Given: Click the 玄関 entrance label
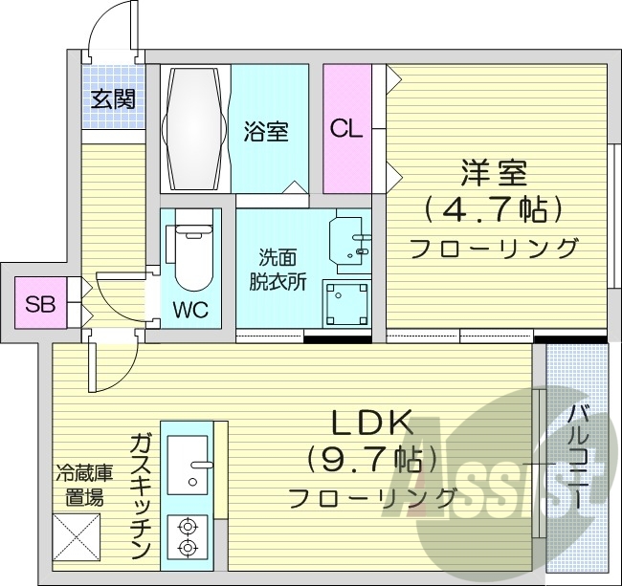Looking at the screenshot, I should pyautogui.click(x=113, y=98).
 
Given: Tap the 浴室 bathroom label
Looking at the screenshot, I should pyautogui.click(x=266, y=131).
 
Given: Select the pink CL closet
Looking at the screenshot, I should pyautogui.click(x=346, y=129).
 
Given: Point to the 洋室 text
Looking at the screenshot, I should pyautogui.click(x=495, y=173).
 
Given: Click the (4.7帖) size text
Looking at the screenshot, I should pyautogui.click(x=494, y=208).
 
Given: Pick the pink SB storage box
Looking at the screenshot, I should pyautogui.click(x=40, y=305).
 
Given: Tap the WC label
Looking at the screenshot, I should pyautogui.click(x=191, y=310).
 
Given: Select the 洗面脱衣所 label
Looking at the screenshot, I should pyautogui.click(x=278, y=270).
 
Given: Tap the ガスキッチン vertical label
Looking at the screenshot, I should pyautogui.click(x=141, y=495).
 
